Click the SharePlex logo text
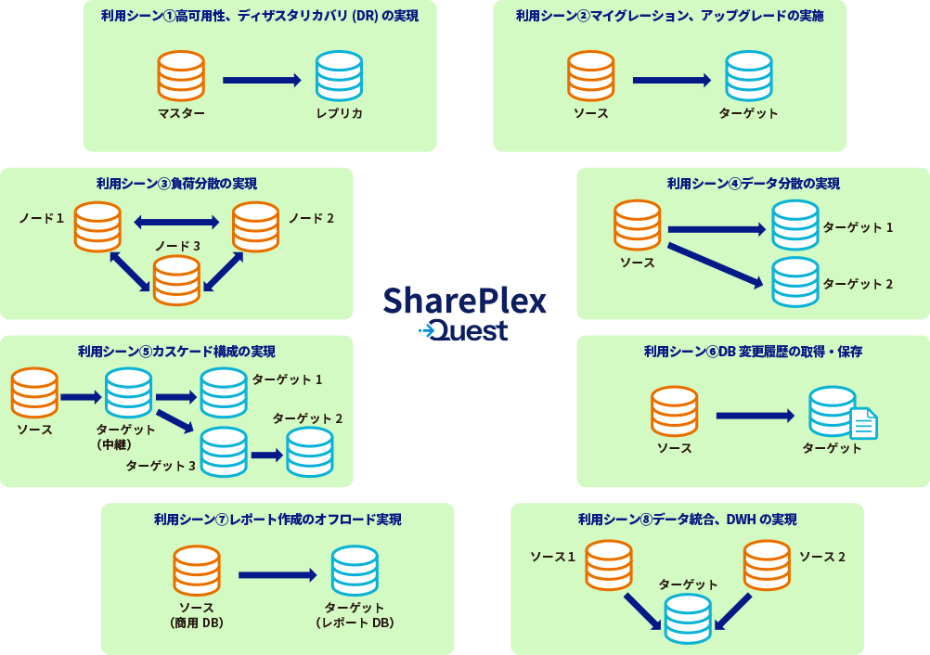(464, 301)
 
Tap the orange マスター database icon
(181, 76)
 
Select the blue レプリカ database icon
(339, 76)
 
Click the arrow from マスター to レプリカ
(262, 80)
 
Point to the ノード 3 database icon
(176, 280)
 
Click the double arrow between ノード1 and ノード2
(176, 222)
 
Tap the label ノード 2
(311, 218)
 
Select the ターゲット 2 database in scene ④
(795, 282)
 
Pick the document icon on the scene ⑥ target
(864, 423)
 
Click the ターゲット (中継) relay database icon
(128, 393)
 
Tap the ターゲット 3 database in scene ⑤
(224, 452)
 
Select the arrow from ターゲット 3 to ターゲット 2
(267, 455)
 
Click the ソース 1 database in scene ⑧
(609, 565)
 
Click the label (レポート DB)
(355, 623)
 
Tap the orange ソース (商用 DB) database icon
(197, 571)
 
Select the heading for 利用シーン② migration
(669, 16)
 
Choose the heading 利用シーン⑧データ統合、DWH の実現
(687, 520)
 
